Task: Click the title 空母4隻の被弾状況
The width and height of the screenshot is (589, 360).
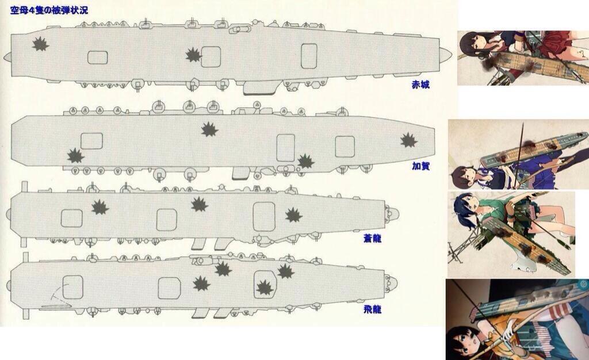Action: point(49,10)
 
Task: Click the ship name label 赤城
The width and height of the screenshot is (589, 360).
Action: point(420,85)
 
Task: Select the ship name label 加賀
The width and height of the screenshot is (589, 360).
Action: point(420,166)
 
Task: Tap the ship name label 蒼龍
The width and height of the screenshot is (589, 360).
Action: point(372,238)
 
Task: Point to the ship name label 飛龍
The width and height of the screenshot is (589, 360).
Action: point(372,309)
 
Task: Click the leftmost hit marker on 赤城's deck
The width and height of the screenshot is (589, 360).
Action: point(40,44)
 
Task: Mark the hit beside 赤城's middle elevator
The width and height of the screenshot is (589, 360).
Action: point(194,55)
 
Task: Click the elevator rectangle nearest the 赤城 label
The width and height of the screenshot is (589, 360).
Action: point(309,56)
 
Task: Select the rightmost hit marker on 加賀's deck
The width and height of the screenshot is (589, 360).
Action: point(409,140)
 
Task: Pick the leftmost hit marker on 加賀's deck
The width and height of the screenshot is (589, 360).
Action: point(75,156)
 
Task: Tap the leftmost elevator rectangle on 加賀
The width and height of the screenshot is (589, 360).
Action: point(91,141)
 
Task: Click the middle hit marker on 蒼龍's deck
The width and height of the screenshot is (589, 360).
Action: point(200,204)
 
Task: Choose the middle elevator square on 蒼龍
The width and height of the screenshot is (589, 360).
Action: point(166,220)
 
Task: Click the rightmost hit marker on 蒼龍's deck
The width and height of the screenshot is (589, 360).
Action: point(293,215)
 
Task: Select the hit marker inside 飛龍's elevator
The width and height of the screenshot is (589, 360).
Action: point(265,288)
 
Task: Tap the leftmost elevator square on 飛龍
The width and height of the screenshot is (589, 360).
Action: point(73,287)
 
